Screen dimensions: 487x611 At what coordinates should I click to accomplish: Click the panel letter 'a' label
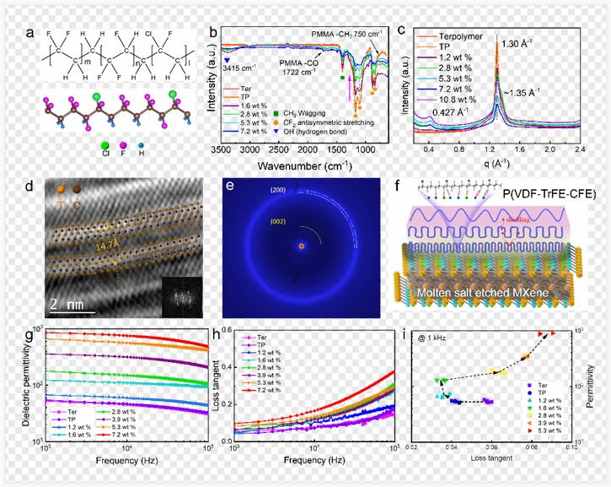(30, 33)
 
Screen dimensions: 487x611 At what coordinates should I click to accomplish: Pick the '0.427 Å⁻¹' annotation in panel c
(447, 111)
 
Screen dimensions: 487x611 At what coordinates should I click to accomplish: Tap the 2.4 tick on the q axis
(581, 149)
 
